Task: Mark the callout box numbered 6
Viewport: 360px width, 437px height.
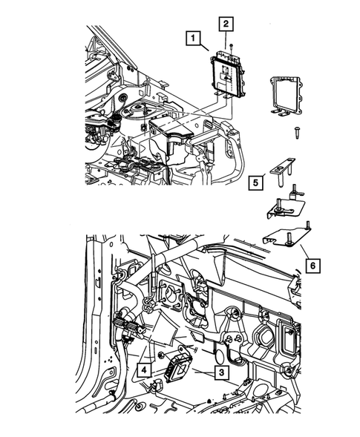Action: (315, 264)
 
